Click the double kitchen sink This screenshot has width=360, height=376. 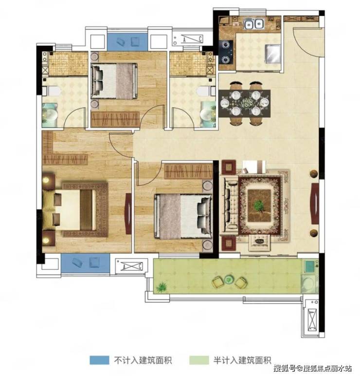pos(253,24)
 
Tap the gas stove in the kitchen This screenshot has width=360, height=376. pos(226,52)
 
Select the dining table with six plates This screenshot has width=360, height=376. pos(245,103)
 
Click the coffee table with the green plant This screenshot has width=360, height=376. pos(259,206)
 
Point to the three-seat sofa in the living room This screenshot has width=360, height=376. pos(229,205)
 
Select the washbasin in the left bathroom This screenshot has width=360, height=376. pos(50,115)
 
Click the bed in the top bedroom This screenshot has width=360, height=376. pos(114,81)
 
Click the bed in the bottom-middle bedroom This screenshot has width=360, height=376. pos(183,217)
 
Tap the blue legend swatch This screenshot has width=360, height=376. pos(99,360)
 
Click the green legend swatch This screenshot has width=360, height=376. pos(199,360)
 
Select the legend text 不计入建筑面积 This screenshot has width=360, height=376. pos(143,360)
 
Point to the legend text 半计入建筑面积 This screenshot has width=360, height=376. pos(242,360)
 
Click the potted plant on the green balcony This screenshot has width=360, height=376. pos(162,286)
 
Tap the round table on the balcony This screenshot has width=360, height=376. pos(229,279)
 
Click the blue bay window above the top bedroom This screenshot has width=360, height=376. pos(127,42)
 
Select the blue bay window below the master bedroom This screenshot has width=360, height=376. pos(85,263)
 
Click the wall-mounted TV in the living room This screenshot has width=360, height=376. pos(315,204)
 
